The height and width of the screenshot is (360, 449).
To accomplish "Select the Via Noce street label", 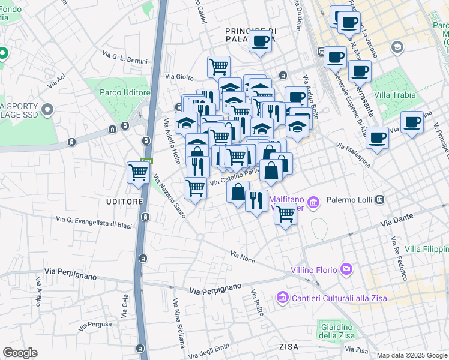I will point(243,257).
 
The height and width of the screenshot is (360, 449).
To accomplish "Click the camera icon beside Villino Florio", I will point(345,270).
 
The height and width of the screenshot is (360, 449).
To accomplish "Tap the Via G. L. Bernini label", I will point(124,58).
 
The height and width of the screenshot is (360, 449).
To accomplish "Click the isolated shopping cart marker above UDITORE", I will point(138,173).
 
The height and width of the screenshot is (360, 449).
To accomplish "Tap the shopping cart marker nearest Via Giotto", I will point(218,66).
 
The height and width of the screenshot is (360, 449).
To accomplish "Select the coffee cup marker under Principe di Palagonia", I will point(260,41).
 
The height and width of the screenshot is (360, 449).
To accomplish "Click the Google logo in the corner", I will point(20,352).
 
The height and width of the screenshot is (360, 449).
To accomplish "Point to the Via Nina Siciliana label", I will point(178,323).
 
